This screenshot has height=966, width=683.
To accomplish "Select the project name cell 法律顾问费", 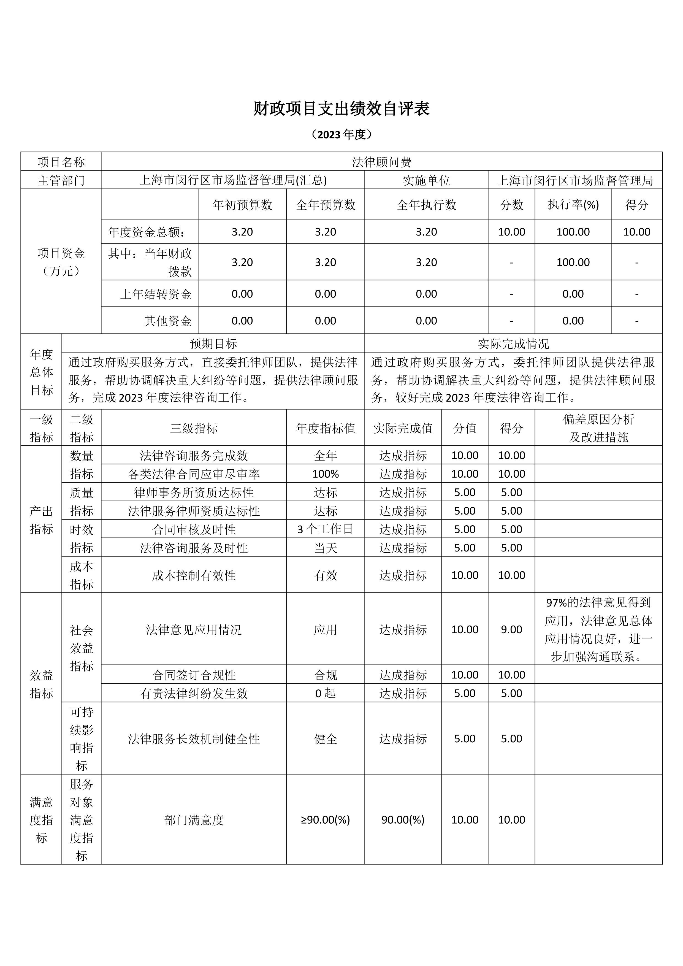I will tap(381, 162).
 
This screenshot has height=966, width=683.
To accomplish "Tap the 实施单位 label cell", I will tap(426, 180).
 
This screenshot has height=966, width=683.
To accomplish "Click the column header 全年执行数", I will tap(426, 205).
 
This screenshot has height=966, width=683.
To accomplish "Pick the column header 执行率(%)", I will tap(573, 205).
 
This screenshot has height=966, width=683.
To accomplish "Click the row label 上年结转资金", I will tap(156, 294).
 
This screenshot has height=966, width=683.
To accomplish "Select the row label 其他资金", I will tap(168, 321).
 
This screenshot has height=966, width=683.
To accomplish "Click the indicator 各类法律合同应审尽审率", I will tap(194, 474).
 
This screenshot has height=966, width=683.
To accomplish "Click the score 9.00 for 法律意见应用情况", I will tap(511, 629).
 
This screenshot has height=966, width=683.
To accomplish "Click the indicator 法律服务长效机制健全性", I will tap(194, 738).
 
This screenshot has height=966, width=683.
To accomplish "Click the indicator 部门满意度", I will tap(194, 819).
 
